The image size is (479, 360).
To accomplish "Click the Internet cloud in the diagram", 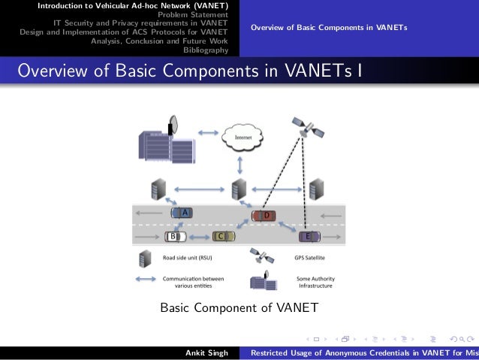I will (x=243, y=138).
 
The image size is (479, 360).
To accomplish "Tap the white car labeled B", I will (x=175, y=237).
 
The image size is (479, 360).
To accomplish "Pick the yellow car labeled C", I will (x=222, y=237).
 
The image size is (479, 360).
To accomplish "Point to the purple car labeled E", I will (x=309, y=237).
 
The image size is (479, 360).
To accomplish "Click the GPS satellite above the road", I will (x=307, y=127).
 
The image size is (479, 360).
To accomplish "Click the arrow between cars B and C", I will (x=199, y=237).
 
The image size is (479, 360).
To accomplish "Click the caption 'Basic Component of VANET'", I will (x=239, y=307).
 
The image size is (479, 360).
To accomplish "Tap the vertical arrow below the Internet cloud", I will (x=239, y=163).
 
